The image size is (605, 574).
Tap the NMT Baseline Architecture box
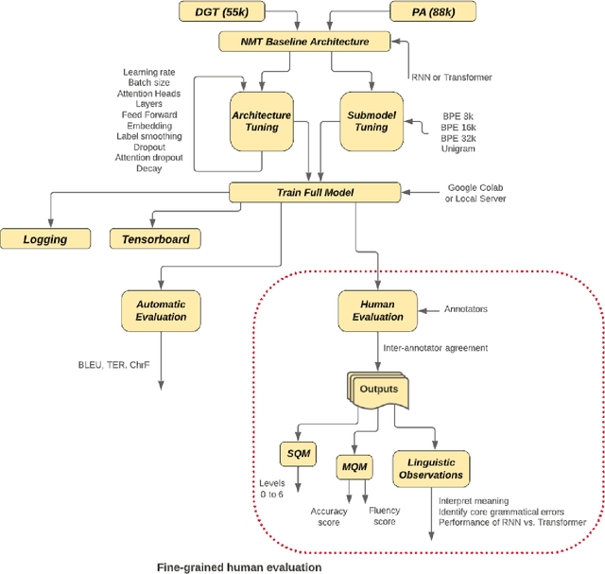305,42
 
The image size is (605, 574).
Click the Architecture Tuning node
261,120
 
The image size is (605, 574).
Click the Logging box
46,239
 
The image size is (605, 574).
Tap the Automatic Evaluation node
162,311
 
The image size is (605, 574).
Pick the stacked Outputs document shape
376,389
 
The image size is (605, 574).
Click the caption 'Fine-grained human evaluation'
238,566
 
